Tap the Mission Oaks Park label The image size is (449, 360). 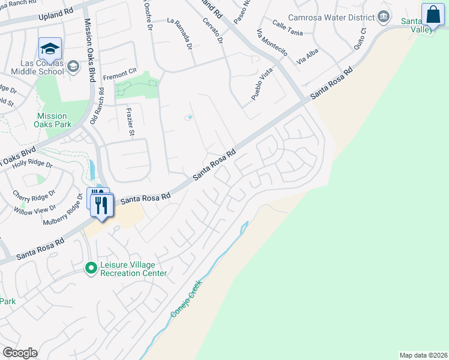(54, 120)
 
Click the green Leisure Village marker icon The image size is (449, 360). (91, 268)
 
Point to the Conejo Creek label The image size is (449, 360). (187, 307)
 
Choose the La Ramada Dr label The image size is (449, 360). (181, 34)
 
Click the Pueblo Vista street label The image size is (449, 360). (262, 84)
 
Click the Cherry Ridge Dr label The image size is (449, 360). (34, 193)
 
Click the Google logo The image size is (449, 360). (20, 353)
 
